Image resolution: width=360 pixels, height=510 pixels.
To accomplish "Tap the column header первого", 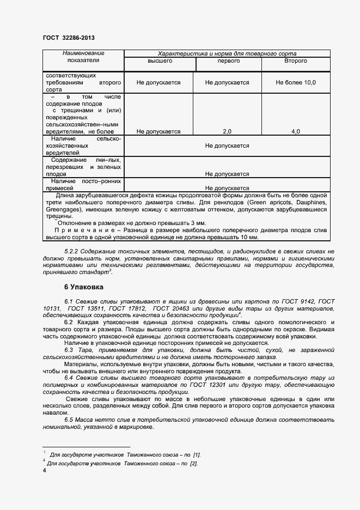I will [x=228, y=61].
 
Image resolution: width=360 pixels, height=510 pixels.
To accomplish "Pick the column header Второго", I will [x=295, y=61].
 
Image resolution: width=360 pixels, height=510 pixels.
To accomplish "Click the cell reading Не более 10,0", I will [x=295, y=83].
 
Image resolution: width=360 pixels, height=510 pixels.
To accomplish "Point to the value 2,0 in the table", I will [x=227, y=131].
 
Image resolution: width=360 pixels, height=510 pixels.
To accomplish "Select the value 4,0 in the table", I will [x=295, y=131].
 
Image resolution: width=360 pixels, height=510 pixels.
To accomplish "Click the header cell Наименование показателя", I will [x=83, y=57].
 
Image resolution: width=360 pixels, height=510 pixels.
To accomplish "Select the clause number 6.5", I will [x=70, y=420].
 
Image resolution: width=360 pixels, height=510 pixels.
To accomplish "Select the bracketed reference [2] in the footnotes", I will [x=193, y=463].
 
